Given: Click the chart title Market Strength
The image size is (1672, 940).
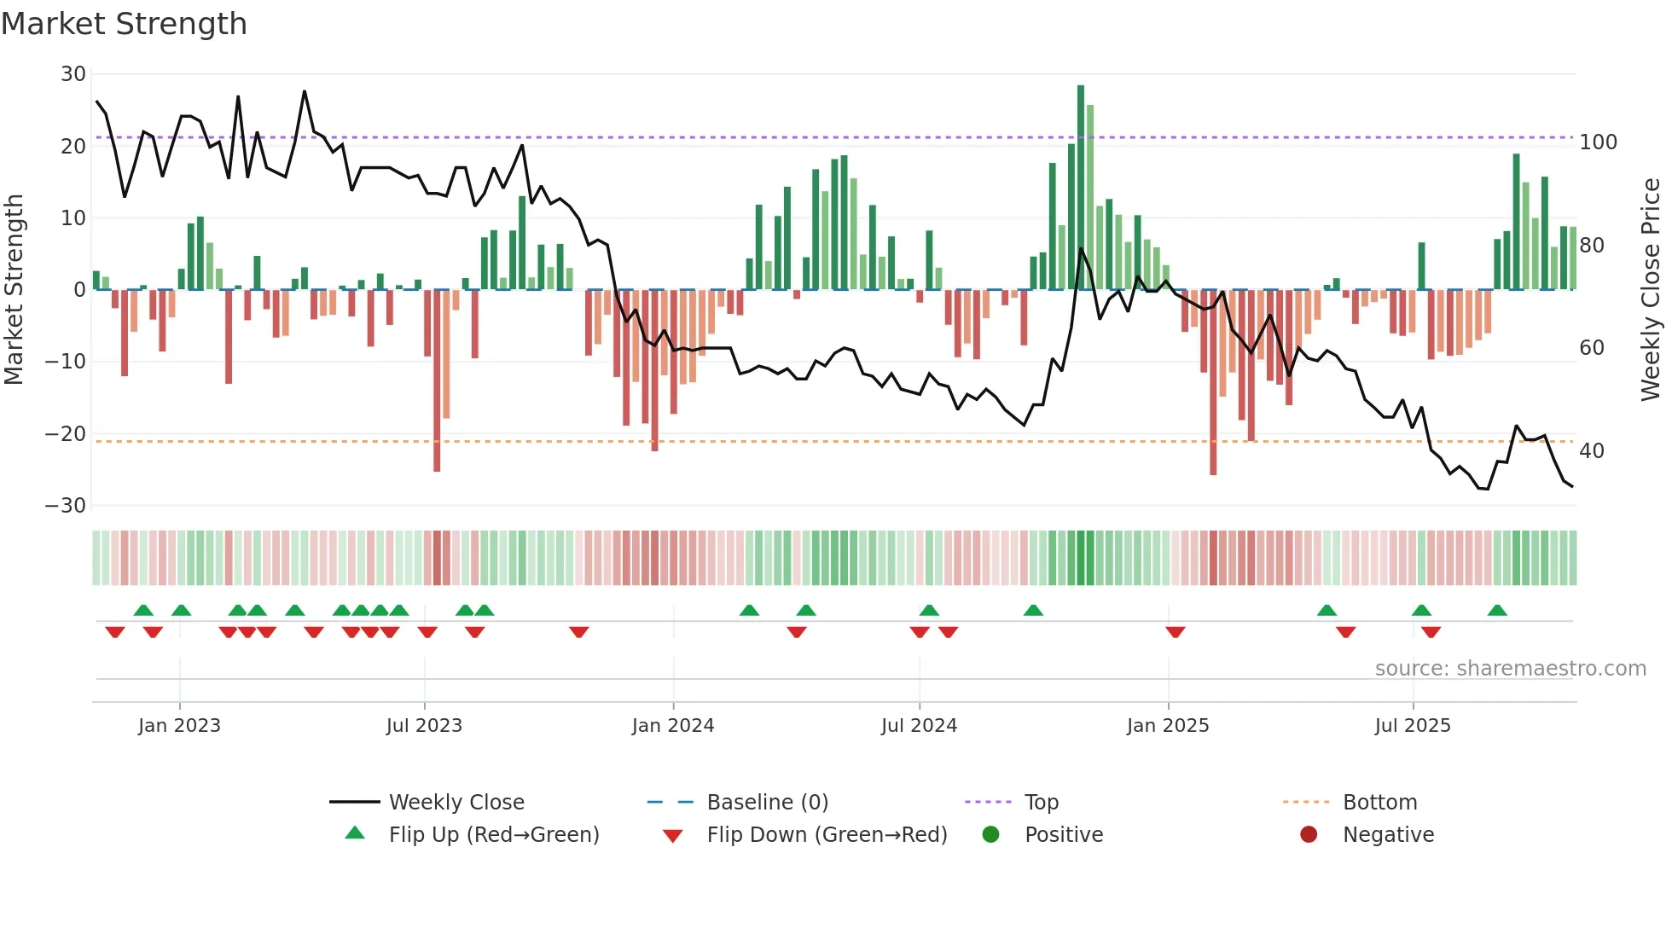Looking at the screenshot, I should (x=124, y=24).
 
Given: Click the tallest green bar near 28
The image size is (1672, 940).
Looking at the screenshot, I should (x=1081, y=188).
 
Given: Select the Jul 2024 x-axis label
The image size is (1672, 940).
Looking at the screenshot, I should (x=919, y=726).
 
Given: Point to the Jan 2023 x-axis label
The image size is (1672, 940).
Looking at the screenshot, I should (x=179, y=726).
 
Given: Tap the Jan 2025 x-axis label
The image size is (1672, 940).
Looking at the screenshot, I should (x=1168, y=726).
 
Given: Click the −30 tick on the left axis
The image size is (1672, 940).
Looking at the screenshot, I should (x=66, y=506).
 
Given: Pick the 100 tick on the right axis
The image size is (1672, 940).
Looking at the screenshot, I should (x=1598, y=142).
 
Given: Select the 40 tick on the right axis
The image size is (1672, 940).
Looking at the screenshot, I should (x=1592, y=451).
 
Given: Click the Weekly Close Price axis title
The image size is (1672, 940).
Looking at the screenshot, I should (x=1651, y=290).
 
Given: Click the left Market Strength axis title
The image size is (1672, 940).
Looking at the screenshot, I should (x=14, y=290).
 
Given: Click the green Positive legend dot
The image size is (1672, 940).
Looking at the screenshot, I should (x=990, y=835).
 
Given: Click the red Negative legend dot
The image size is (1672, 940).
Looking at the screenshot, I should (x=1309, y=835).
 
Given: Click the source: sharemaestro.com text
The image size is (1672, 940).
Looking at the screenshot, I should (x=1510, y=669).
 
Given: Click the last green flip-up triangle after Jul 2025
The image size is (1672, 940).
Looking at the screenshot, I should (x=1497, y=611).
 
